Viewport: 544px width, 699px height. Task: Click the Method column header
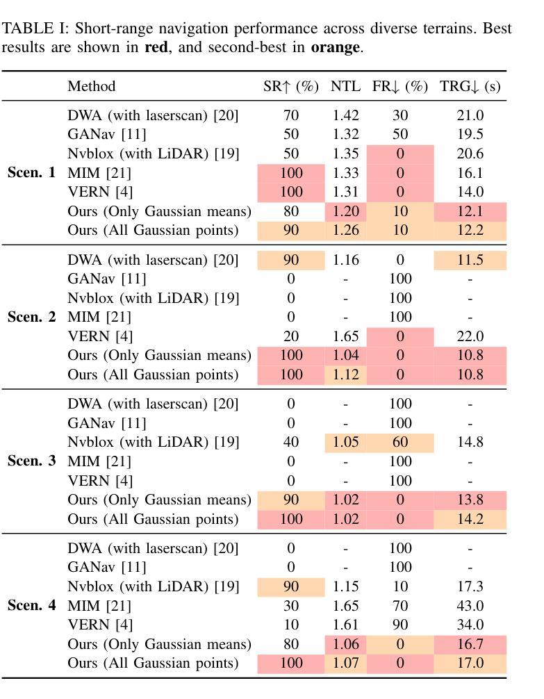tap(91, 87)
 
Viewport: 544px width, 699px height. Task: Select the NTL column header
tap(345, 87)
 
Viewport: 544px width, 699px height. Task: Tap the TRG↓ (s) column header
tap(470, 87)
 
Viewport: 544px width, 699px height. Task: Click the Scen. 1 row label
tap(31, 173)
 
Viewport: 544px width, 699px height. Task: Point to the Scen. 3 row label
tap(31, 461)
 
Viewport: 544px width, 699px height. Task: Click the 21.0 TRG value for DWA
tap(470, 115)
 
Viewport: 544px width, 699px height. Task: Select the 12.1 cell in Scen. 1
tap(470, 211)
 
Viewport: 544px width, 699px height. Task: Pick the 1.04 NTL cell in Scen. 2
tap(345, 356)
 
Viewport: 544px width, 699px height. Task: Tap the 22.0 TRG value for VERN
tap(470, 336)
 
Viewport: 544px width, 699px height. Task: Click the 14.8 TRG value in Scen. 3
tap(470, 442)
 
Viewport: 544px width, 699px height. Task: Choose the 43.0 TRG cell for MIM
tap(470, 606)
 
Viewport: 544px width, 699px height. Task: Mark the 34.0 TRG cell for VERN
tap(470, 625)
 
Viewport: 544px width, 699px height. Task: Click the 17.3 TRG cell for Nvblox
tap(470, 586)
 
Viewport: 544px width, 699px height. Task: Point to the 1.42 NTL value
tap(345, 115)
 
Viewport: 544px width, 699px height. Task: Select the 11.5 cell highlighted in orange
tap(470, 260)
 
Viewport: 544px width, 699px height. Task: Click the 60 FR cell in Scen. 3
tap(399, 442)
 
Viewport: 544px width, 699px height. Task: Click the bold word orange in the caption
tap(335, 47)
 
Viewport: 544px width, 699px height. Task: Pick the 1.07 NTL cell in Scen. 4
tap(345, 664)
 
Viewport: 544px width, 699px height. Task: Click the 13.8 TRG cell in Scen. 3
tap(470, 500)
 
